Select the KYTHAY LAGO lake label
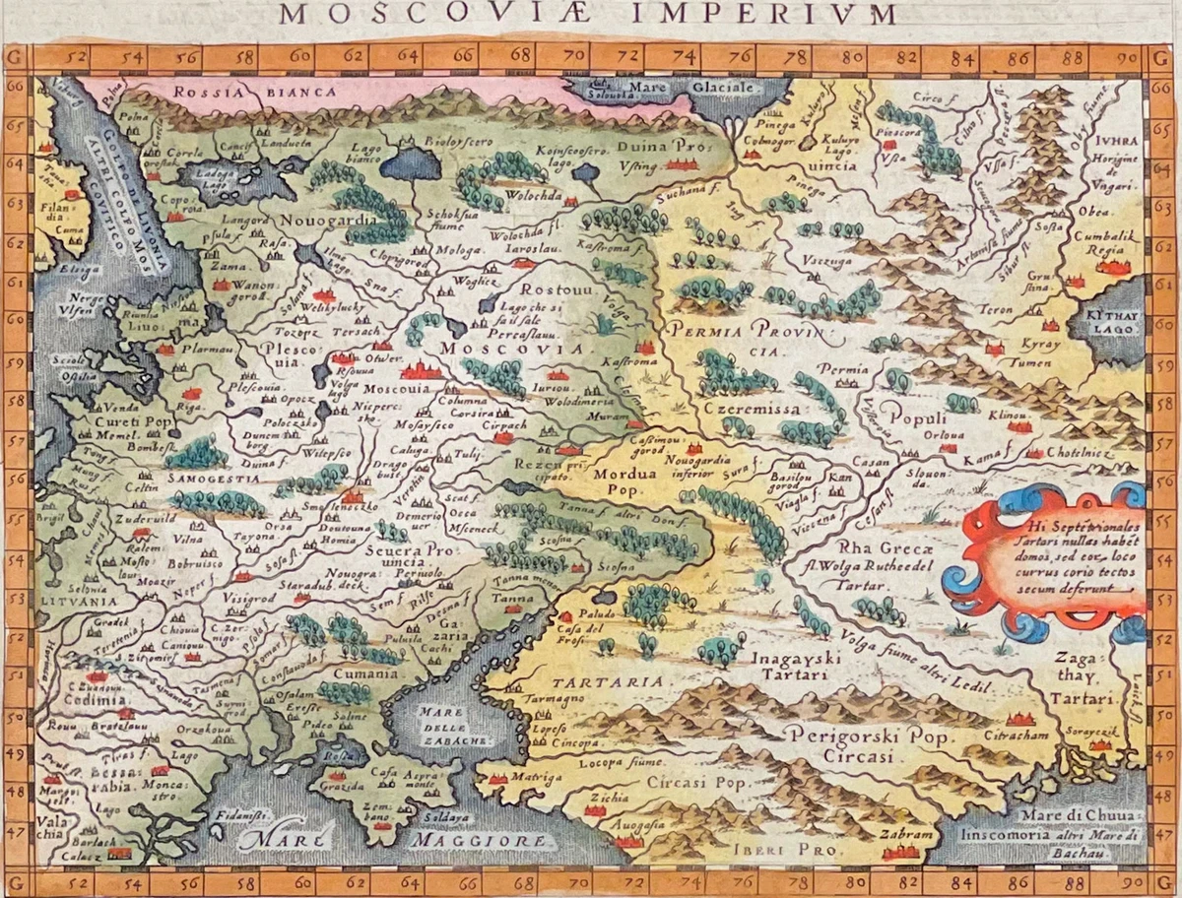(1110, 325)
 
